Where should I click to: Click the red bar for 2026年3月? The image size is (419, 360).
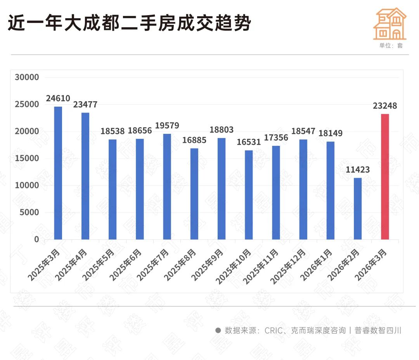384,177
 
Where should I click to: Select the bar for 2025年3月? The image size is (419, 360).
58,173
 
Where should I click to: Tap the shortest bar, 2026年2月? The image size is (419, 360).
357,209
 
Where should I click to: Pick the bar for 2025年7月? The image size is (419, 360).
167,187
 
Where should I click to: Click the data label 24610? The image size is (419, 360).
58,99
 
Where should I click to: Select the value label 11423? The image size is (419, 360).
357,170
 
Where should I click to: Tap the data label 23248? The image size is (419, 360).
384,106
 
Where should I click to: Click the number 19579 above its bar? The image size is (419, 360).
167,126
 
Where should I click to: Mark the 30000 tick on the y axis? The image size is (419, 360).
27,77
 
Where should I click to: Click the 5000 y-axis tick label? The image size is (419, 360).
29,213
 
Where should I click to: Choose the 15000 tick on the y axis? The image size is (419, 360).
27,158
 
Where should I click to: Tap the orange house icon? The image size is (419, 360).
390,24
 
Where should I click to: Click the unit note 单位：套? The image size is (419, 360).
391,45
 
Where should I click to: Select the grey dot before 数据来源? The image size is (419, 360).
218,331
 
